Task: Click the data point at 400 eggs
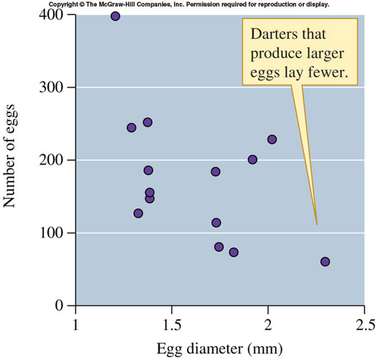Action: coord(115,16)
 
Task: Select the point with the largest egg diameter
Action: coord(325,261)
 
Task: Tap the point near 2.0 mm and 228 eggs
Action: coord(272,140)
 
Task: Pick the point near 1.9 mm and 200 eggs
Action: coord(253,160)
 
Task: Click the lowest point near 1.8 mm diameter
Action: coord(234,252)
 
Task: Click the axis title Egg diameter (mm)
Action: coord(220,349)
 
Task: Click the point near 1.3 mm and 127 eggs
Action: coord(138,213)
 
